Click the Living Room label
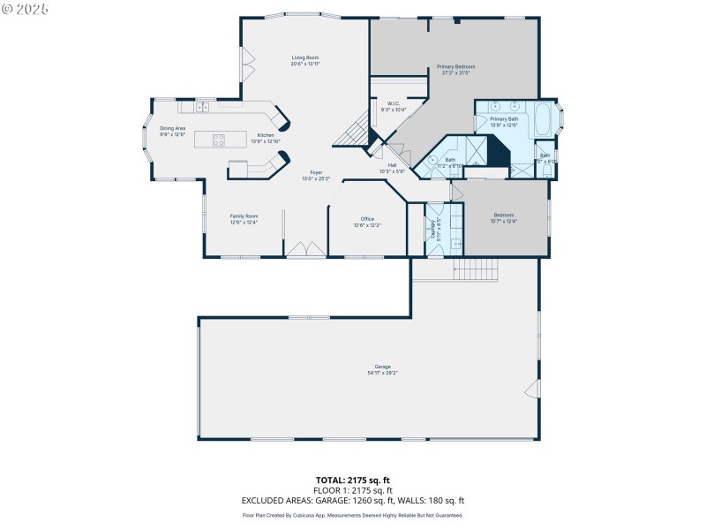(x=305, y=58)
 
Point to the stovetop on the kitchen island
(x=218, y=139)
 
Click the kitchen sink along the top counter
(x=202, y=107)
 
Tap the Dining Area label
(x=172, y=129)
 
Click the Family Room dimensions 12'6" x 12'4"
(x=244, y=223)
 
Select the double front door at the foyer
(x=306, y=250)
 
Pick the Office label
(x=367, y=219)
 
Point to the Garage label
(x=382, y=367)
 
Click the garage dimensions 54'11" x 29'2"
(x=382, y=373)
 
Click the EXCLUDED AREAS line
(x=352, y=500)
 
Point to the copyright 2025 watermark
(x=26, y=8)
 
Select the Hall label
(x=392, y=165)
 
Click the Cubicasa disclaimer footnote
(x=352, y=515)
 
